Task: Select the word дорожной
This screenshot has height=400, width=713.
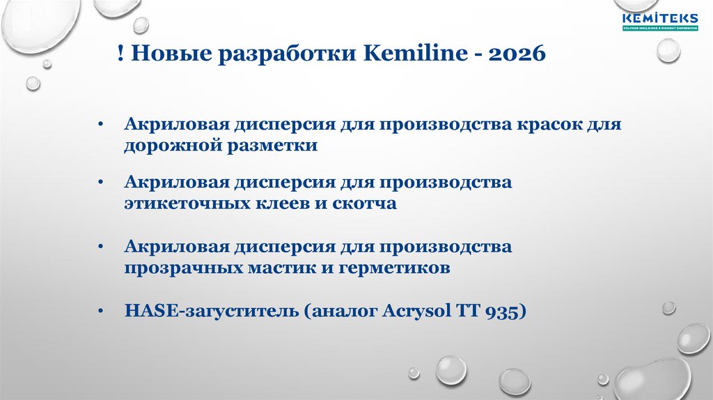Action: pyautogui.click(x=171, y=146)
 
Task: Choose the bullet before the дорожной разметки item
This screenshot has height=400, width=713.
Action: pyautogui.click(x=101, y=125)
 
